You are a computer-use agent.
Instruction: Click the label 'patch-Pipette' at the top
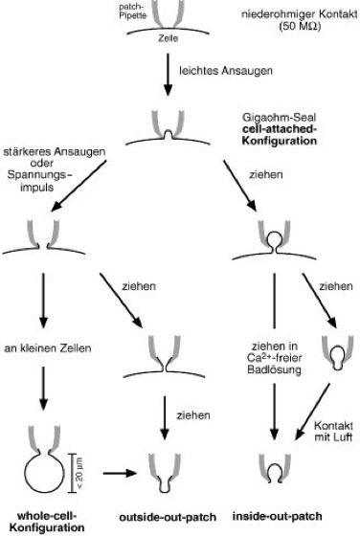pos(133,11)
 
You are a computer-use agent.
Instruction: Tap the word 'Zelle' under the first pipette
pos(168,38)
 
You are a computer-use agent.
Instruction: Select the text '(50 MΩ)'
pos(300,26)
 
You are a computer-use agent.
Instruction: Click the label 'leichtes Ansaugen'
pos(226,71)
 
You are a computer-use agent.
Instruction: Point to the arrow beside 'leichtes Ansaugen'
pos(168,75)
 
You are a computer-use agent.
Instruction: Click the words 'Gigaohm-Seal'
pos(279,118)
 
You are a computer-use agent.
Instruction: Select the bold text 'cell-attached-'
pos(280,129)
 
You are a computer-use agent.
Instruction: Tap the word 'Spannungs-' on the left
pos(40,175)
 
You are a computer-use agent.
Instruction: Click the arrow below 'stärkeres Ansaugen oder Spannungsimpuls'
pos(79,186)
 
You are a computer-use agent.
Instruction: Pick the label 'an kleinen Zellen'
pos(48,348)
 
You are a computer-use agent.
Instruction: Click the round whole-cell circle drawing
pos(44,492)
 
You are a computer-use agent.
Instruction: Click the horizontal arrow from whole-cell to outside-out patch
pos(120,473)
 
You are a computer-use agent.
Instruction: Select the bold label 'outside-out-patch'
pos(168,517)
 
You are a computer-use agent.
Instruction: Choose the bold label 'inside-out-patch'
pos(277,516)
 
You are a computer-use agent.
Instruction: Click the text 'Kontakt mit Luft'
pos(333,432)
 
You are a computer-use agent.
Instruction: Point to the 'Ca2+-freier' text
pos(274,358)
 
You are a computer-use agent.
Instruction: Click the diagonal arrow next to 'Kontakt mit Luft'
pos(312,412)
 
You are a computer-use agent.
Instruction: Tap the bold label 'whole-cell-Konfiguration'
pos(47,522)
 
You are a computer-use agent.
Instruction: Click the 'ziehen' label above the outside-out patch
pos(193,415)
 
